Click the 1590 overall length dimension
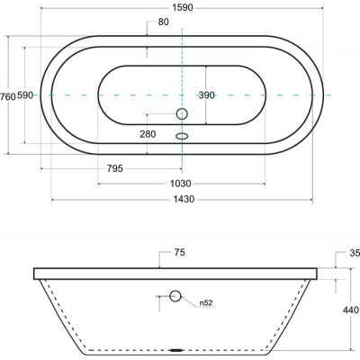183,7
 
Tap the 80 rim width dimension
163,22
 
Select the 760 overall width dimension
7,96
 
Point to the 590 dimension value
25,95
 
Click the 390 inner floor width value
207,95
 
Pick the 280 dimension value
148,134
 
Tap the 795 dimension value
115,168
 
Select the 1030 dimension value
181,184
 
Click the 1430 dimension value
184,199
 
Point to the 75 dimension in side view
179,253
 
